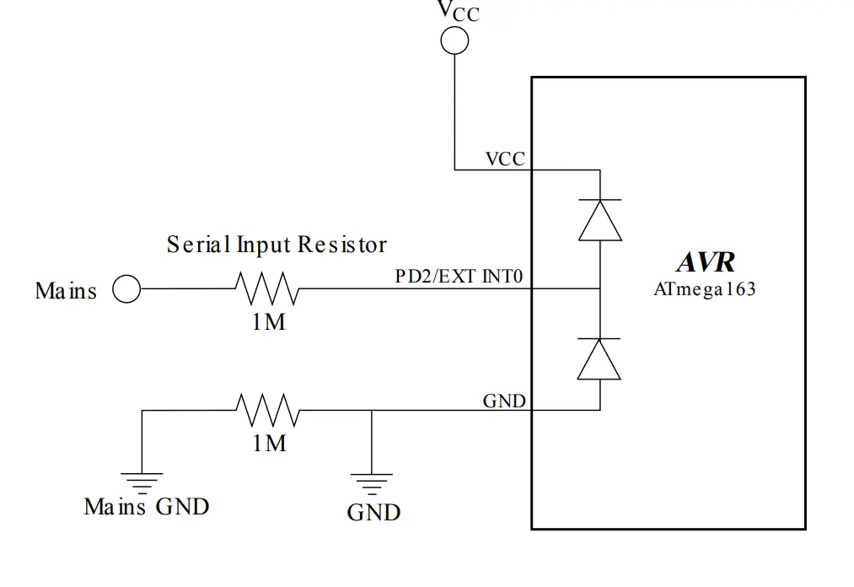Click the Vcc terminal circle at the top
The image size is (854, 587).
click(x=454, y=40)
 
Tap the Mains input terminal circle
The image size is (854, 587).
click(x=126, y=289)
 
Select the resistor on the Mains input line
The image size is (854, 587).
click(x=267, y=288)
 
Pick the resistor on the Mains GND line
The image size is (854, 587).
click(x=267, y=410)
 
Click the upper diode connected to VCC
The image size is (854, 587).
click(x=599, y=220)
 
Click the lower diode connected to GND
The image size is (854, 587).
click(x=599, y=359)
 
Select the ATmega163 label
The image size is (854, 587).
click(x=705, y=289)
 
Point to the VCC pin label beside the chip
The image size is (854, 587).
click(x=505, y=159)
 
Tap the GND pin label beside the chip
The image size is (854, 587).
click(x=504, y=400)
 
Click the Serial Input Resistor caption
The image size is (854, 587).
click(x=277, y=245)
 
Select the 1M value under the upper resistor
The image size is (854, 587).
click(x=269, y=321)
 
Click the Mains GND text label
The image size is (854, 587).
click(x=147, y=506)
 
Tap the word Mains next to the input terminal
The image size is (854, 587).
click(x=66, y=291)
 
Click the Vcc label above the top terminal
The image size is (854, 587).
click(x=457, y=11)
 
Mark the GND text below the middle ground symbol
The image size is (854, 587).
click(x=373, y=512)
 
